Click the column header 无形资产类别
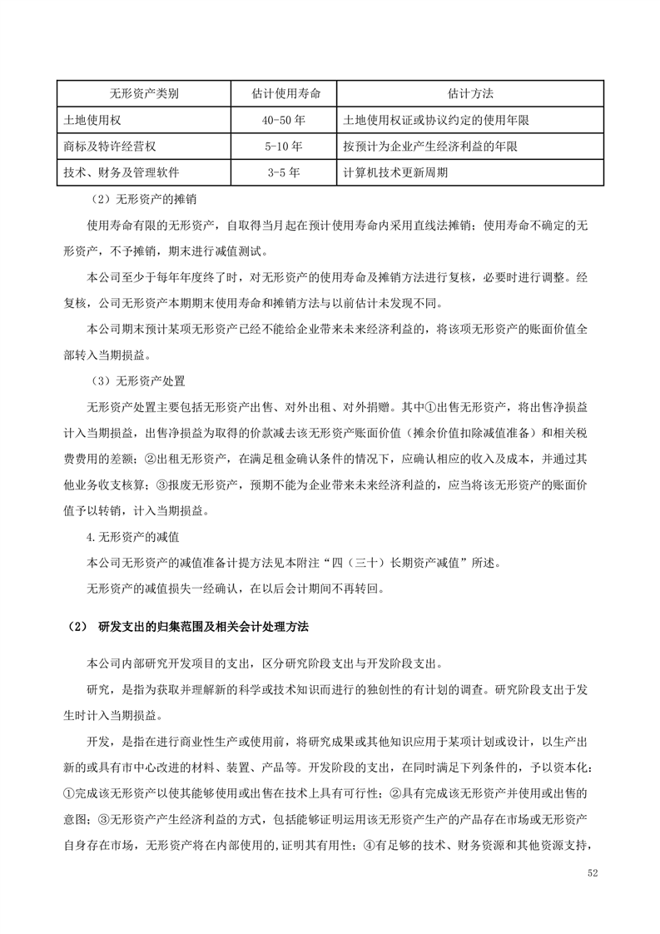click(144, 93)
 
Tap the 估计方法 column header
click(469, 93)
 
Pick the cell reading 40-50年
click(284, 120)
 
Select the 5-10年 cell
click(284, 147)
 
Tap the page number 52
click(592, 873)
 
